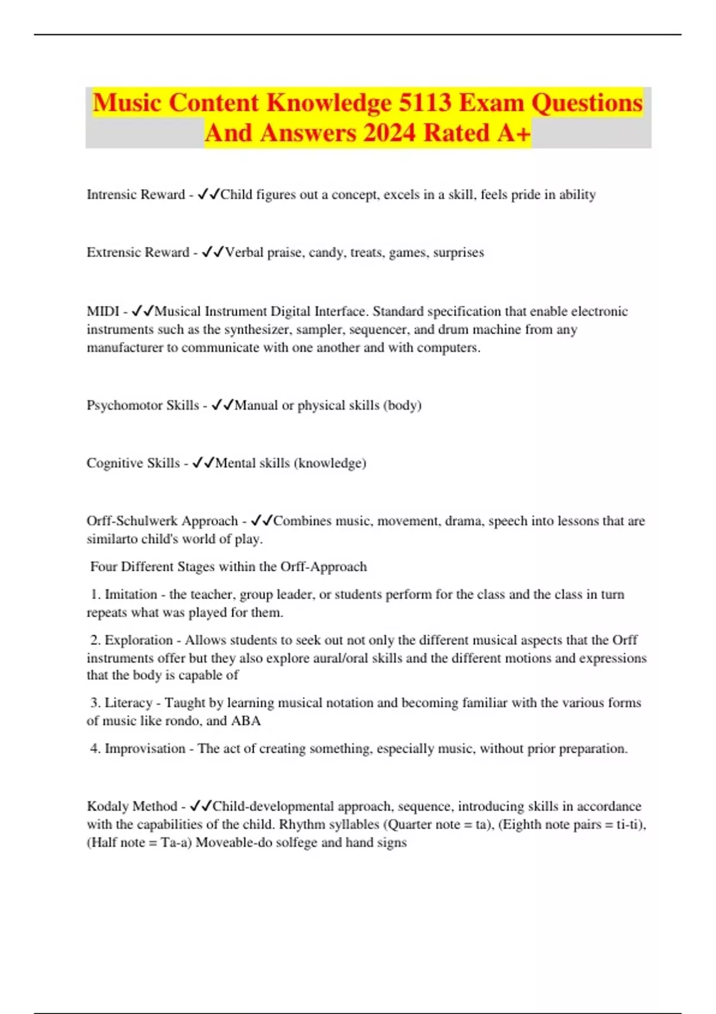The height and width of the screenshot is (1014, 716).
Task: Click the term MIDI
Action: pos(103,311)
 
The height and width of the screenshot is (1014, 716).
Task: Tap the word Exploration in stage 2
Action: pos(139,640)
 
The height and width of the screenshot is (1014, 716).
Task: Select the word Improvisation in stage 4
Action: pos(145,749)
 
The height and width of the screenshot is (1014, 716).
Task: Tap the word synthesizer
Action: pos(258,329)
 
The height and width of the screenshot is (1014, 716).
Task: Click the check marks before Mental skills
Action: pos(203,463)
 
